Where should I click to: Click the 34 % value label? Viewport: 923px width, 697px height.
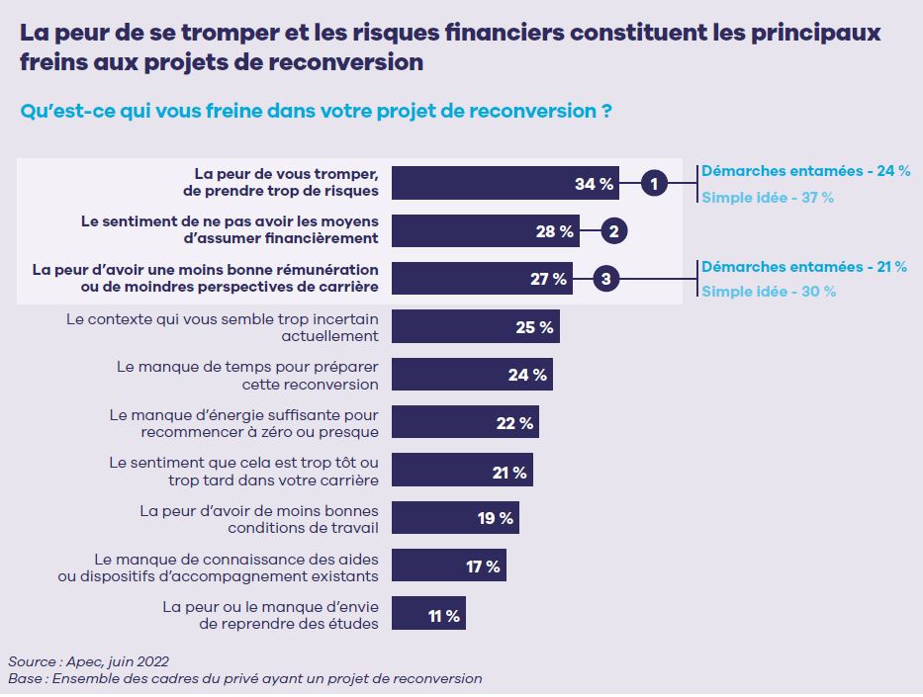coord(594,183)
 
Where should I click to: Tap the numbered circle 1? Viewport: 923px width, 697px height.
coord(653,183)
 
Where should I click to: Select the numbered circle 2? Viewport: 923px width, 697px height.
coord(613,231)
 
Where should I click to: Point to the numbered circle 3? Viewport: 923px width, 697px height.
coord(605,280)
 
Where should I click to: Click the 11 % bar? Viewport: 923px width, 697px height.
coord(428,614)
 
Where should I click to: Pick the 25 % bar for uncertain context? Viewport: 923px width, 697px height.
coord(476,327)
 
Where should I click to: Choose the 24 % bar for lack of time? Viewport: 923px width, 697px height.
coord(472,375)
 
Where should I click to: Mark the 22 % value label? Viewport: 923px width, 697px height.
coord(514,423)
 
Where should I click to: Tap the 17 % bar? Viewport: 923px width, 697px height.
coord(449,566)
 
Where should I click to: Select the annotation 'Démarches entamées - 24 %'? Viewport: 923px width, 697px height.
coord(805,170)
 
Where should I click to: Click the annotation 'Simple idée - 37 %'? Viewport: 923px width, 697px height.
coord(768,197)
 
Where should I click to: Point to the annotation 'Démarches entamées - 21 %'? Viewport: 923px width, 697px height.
coord(805,266)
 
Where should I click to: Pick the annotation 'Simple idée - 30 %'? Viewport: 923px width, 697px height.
coord(769,292)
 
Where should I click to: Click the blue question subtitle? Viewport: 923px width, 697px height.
coord(315,111)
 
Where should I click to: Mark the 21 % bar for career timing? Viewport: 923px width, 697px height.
coord(462,471)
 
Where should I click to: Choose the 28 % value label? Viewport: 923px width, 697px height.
coord(554,231)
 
